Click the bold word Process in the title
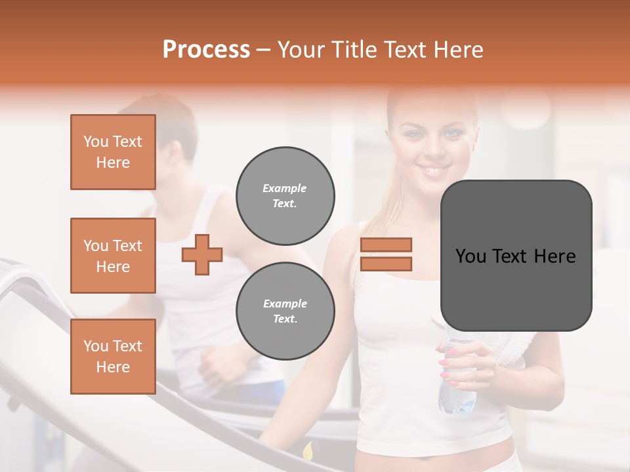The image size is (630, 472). (206, 50)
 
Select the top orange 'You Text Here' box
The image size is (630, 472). (113, 152)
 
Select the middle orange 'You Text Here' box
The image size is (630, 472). (113, 256)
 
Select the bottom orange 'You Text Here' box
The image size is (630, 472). (113, 357)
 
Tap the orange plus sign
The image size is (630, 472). (202, 254)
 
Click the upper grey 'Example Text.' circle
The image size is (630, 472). (285, 195)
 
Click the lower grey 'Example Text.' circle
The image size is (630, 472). (285, 311)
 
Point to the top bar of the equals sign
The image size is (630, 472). (386, 245)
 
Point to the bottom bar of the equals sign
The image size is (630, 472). (386, 264)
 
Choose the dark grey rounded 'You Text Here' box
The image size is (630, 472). (516, 256)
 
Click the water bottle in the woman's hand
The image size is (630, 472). (457, 387)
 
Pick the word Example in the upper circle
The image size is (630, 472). (285, 188)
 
